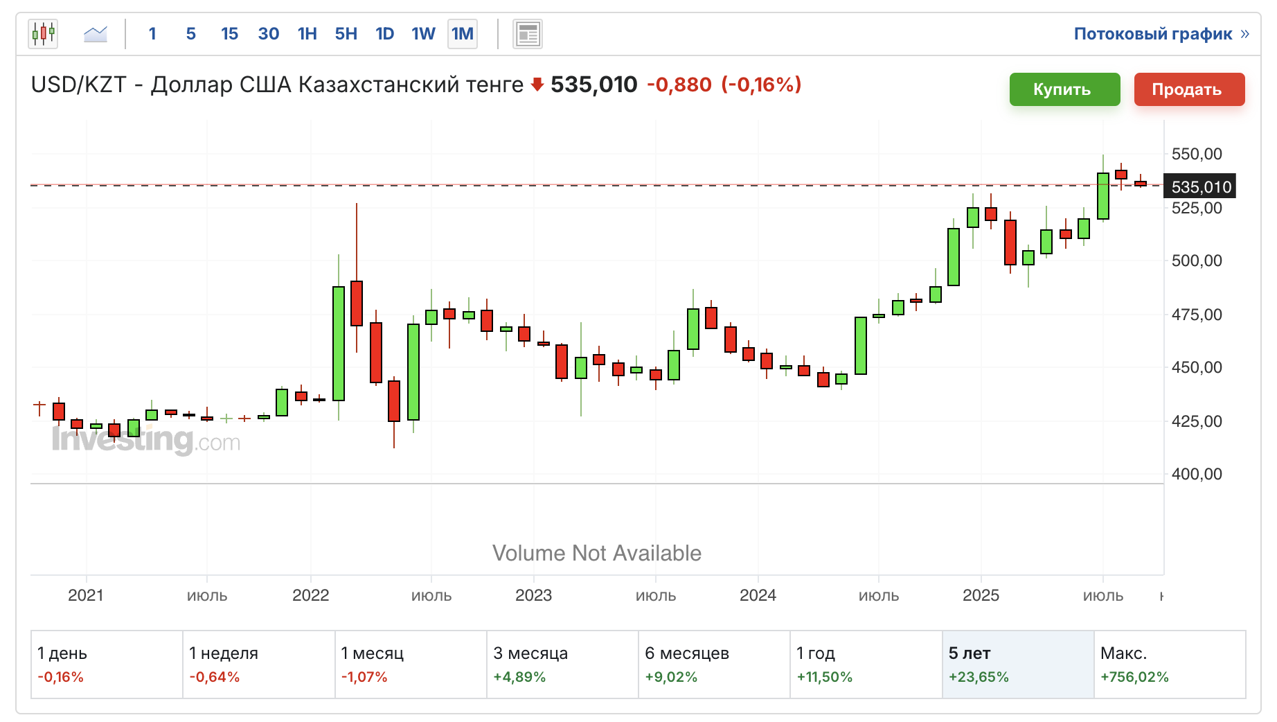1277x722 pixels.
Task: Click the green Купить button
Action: [1064, 89]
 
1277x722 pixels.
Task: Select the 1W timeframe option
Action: [423, 34]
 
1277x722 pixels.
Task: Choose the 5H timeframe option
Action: [346, 34]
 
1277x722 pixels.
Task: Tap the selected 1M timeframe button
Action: [462, 34]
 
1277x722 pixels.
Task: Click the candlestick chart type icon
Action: [43, 33]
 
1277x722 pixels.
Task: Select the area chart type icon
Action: [96, 33]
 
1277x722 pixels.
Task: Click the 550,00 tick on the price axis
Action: [1196, 154]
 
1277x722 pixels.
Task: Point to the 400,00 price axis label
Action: [1196, 474]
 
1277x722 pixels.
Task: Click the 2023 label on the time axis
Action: [533, 595]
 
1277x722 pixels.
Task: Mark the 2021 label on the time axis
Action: [86, 595]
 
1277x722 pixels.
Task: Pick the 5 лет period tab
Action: [1017, 664]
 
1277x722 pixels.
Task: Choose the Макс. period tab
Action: [1169, 664]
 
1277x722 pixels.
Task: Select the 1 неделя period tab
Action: [258, 664]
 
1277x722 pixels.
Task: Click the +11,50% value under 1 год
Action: [824, 677]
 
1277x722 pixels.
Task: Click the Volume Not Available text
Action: [596, 553]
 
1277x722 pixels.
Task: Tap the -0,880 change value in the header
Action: [679, 85]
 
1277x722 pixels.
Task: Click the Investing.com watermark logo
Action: [146, 440]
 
